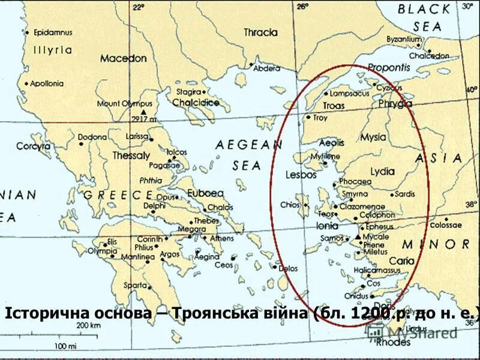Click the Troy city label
(320, 118)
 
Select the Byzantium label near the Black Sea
(404, 40)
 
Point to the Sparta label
(135, 285)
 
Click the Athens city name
(222, 238)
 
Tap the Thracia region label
(260, 32)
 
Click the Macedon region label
(123, 59)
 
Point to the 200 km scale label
(87, 325)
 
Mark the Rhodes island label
(393, 343)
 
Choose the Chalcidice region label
(196, 103)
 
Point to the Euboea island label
(205, 193)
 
